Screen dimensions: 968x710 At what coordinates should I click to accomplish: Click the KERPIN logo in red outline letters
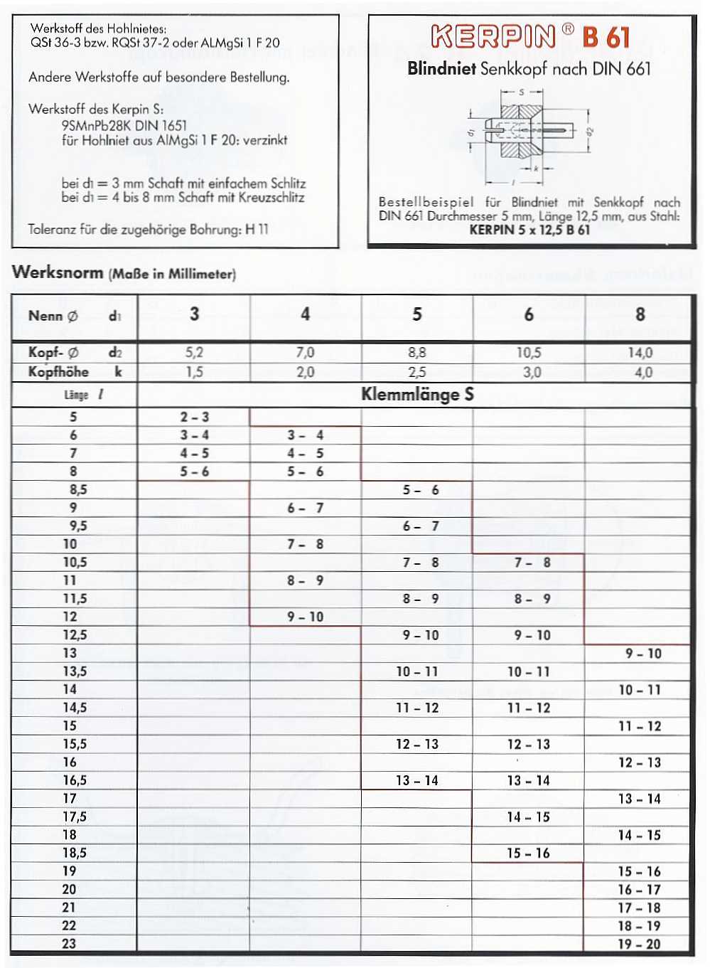(493, 36)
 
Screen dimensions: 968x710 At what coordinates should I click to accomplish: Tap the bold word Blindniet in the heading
(441, 69)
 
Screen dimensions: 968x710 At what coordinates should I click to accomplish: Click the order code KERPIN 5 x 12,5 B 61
(529, 230)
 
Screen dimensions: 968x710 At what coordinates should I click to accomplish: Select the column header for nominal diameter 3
(194, 314)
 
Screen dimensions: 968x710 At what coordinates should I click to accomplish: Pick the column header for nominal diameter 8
(640, 314)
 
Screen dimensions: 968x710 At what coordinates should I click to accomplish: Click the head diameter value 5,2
(194, 353)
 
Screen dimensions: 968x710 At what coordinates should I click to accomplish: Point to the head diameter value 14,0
(640, 353)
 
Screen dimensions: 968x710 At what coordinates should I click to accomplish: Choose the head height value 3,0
(532, 372)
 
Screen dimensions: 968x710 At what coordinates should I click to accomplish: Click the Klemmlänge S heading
(417, 394)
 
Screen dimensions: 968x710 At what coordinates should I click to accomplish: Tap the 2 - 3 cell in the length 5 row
(194, 417)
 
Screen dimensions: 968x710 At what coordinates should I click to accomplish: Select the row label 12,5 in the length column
(75, 634)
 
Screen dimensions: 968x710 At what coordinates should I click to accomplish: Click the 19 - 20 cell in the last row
(639, 944)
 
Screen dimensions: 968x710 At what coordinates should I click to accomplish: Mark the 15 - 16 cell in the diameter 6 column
(528, 853)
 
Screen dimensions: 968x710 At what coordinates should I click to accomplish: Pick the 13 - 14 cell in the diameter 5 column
(417, 780)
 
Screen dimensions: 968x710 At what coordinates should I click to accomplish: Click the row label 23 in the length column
(69, 944)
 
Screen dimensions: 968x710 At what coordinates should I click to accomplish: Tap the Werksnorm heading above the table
(58, 272)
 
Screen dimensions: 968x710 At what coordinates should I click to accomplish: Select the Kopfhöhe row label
(58, 372)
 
